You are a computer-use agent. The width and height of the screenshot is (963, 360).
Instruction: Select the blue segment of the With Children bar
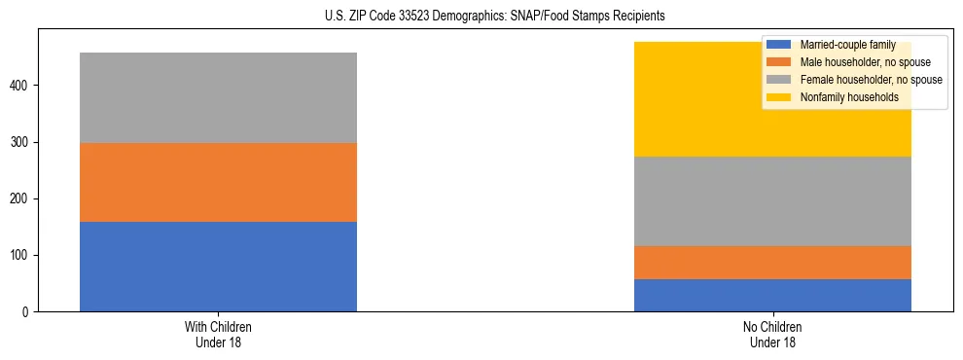(218, 267)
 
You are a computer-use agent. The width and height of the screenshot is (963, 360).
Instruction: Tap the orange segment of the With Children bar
(218, 183)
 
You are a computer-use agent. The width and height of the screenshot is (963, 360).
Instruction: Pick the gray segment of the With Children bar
(218, 97)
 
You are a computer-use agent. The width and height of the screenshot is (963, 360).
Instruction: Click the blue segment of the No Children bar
(772, 295)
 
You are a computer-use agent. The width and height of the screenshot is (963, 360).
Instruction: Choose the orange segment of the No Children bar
(772, 263)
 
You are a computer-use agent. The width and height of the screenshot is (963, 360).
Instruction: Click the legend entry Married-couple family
(845, 45)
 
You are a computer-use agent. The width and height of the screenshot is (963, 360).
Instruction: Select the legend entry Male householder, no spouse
(856, 62)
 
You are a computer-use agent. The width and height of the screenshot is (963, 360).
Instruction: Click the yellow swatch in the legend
(780, 97)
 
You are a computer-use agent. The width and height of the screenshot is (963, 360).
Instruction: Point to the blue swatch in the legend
(780, 45)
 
